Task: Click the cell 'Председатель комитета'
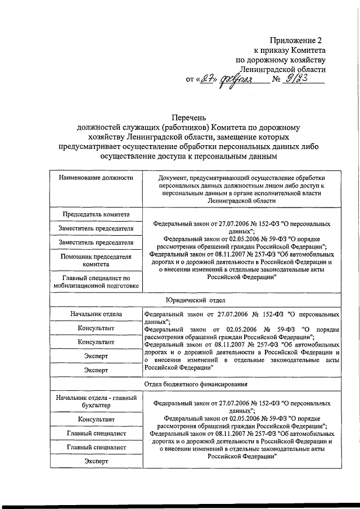[96, 214]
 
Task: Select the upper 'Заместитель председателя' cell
[96, 228]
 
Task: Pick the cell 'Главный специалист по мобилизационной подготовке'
[96, 282]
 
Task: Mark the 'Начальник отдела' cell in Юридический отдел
[96, 314]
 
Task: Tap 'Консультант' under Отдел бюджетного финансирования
[96, 420]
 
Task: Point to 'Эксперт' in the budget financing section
[96, 461]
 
